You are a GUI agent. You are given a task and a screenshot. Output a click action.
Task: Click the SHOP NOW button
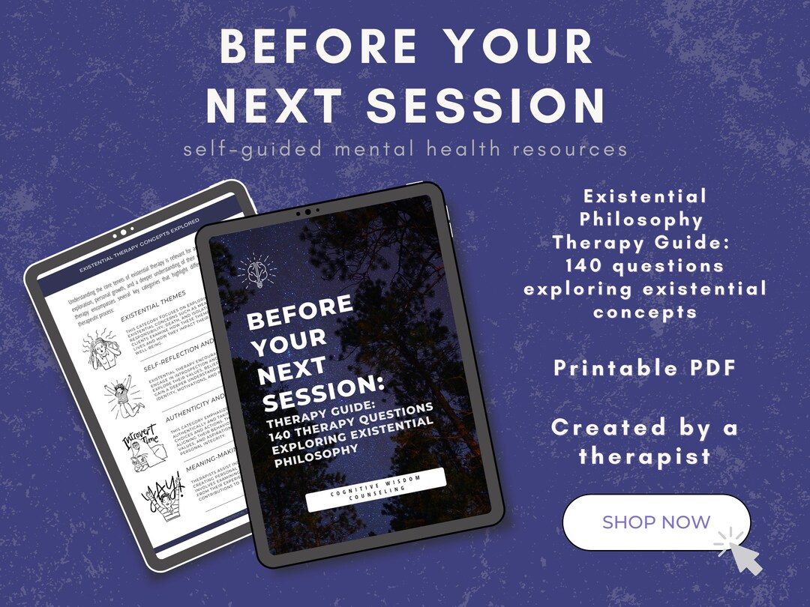tap(655, 522)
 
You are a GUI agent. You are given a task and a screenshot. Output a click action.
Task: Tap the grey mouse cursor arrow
tap(743, 555)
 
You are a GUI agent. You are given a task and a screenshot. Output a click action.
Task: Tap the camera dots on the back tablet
tap(120, 235)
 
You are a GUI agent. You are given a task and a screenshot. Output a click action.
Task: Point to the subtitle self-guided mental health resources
tap(406, 149)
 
